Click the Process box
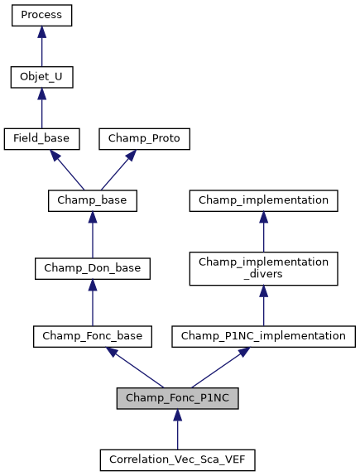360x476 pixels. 41,15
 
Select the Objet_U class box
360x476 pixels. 41,77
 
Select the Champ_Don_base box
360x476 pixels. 92,268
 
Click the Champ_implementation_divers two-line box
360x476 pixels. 263,268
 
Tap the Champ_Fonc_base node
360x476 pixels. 92,336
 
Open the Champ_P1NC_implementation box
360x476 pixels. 263,336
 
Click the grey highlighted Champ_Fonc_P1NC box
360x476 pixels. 177,398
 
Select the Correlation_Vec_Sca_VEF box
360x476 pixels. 177,459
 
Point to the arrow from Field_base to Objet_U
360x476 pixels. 41,108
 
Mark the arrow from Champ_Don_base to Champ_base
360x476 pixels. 92,235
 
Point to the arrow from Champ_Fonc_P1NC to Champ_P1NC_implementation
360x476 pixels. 220,367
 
